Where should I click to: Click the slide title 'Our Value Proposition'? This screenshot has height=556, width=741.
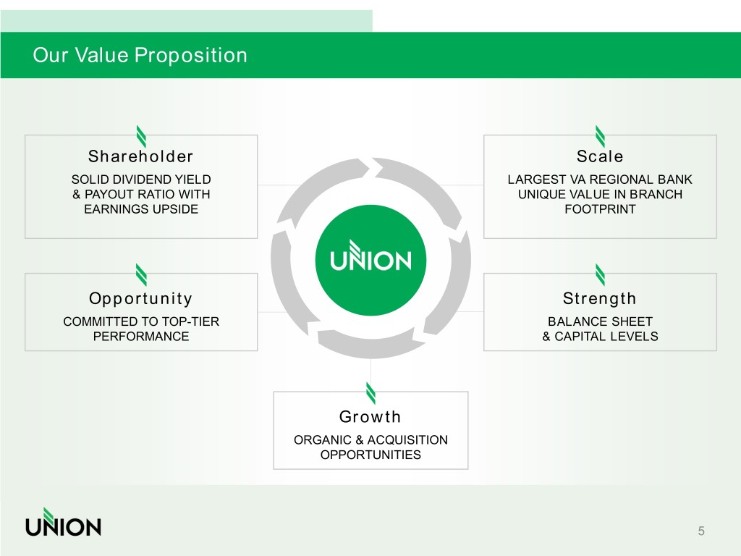pos(140,55)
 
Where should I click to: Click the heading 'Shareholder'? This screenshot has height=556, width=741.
pos(140,156)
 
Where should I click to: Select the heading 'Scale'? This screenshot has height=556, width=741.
pos(600,156)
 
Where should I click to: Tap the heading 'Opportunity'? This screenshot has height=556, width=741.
pos(140,299)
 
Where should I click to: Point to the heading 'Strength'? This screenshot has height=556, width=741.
pos(600,299)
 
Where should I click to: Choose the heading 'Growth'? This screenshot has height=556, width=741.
pos(370,417)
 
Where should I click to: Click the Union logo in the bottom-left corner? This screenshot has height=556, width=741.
pos(63,522)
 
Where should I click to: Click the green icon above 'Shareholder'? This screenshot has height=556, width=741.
pos(141,135)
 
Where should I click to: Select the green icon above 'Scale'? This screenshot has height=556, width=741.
pos(600,135)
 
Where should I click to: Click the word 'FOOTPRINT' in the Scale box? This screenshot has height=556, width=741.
pos(600,210)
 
